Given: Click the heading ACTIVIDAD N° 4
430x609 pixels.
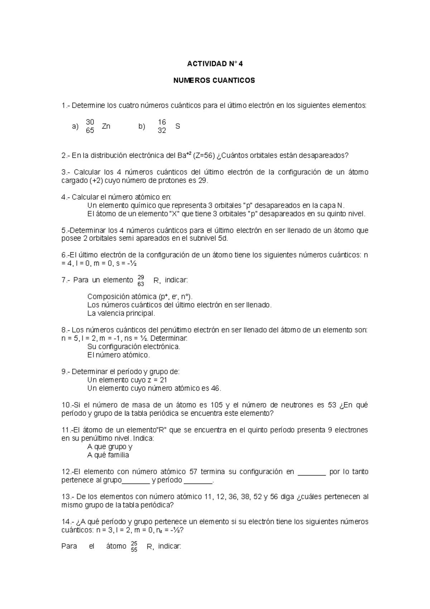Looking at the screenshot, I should coord(215,64).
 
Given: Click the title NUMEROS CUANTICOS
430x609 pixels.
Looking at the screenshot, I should coord(214,80).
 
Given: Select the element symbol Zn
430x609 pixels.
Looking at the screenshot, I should coord(106,127).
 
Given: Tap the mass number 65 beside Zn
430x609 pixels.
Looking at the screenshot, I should coord(90,131).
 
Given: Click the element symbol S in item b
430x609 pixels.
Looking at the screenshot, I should coord(178,127).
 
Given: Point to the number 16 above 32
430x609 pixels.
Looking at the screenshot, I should coord(162,122).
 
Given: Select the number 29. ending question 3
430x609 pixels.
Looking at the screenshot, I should coord(203,180).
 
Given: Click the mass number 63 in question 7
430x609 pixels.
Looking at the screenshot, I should coord(140,284).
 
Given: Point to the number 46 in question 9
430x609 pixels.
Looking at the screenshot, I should coord(216,388).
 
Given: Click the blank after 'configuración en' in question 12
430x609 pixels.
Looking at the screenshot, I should coord(311,472).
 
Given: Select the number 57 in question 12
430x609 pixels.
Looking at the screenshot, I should coord(190,472).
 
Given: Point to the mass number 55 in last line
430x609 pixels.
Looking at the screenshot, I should coord(134,550).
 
